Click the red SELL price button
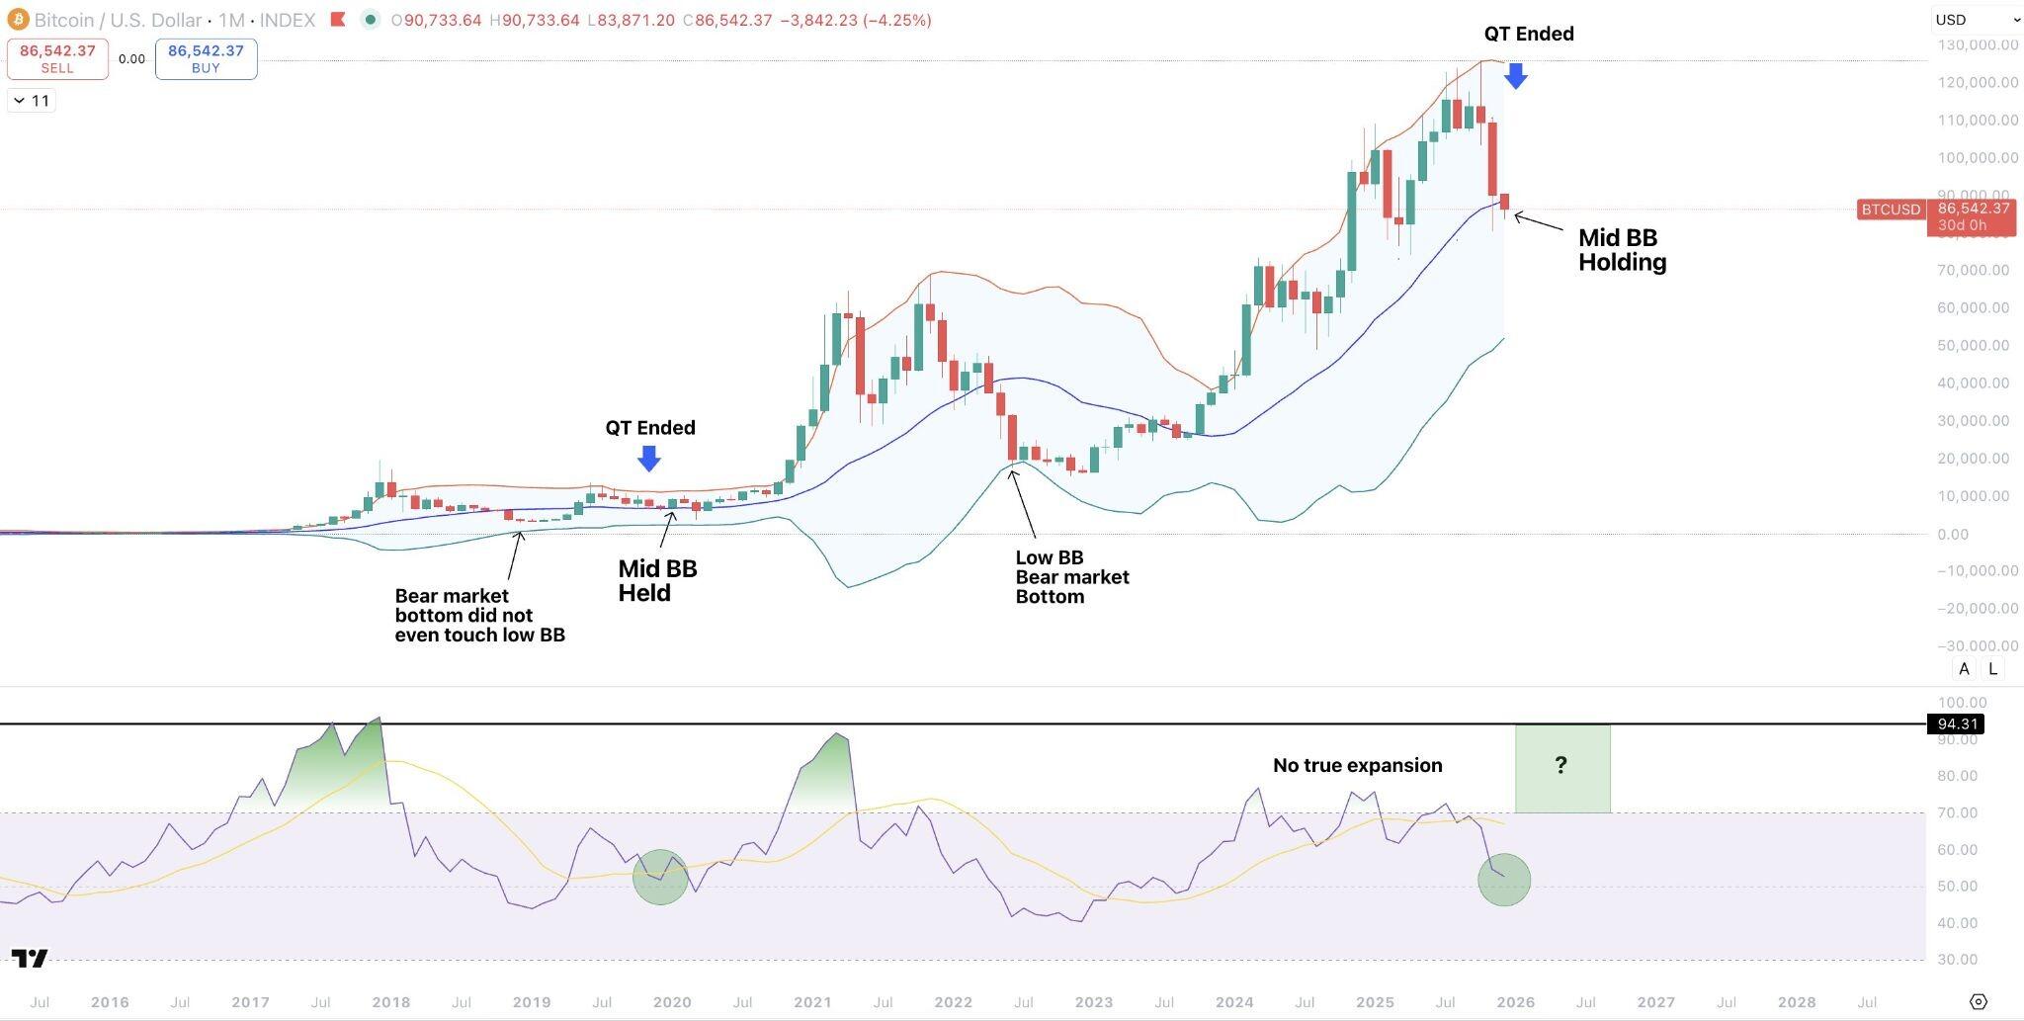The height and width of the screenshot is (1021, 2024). click(57, 58)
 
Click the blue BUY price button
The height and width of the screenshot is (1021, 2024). click(206, 58)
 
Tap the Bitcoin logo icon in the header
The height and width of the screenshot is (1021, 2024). click(17, 20)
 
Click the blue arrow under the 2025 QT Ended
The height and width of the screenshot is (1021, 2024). click(1515, 75)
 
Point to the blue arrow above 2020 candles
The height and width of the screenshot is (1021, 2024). click(648, 458)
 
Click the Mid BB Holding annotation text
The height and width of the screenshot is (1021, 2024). click(1622, 250)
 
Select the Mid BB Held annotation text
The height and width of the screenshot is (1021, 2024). click(657, 581)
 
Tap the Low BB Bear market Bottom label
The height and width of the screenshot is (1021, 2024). click(1071, 577)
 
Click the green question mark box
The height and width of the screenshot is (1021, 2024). click(1561, 768)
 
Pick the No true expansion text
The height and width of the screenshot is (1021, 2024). click(1357, 765)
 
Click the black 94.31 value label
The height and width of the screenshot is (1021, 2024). click(1956, 724)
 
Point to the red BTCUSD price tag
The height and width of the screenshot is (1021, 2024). click(1891, 210)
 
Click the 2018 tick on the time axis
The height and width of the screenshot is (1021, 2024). click(390, 1002)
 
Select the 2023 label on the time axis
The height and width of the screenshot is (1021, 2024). click(1093, 1002)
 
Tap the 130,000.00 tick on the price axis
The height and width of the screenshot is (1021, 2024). click(1977, 44)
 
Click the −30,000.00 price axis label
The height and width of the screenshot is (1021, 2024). click(1977, 645)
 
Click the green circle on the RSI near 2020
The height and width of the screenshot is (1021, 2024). click(660, 878)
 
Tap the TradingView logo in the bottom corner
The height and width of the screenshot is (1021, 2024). click(30, 958)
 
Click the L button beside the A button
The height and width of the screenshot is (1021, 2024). click(1992, 669)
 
